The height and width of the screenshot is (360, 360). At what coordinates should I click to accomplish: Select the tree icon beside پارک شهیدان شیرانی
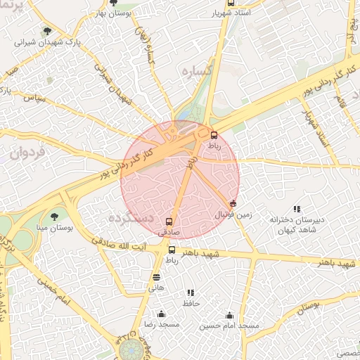pyautogui.click(x=47, y=31)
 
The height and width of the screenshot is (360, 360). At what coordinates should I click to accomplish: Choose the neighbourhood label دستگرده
pyautogui.click(x=130, y=218)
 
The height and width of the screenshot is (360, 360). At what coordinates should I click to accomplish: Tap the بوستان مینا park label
pyautogui.click(x=54, y=229)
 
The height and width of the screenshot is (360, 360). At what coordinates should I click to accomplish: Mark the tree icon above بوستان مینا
pyautogui.click(x=55, y=216)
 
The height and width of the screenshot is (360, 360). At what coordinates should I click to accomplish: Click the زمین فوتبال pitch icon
pyautogui.click(x=233, y=203)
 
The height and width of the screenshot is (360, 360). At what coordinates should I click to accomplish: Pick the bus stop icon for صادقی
pyautogui.click(x=167, y=221)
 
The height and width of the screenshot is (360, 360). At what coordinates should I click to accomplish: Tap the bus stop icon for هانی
pyautogui.click(x=156, y=278)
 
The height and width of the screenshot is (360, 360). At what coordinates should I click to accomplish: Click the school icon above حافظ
pyautogui.click(x=191, y=292)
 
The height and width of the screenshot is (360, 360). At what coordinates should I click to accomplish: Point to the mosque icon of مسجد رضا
pyautogui.click(x=162, y=314)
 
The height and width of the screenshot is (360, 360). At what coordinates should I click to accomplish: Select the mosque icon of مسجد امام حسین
pyautogui.click(x=229, y=315)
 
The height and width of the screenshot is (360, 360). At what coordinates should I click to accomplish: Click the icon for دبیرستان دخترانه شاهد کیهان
pyautogui.click(x=297, y=209)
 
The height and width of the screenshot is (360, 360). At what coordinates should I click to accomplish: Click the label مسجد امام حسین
pyautogui.click(x=229, y=326)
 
